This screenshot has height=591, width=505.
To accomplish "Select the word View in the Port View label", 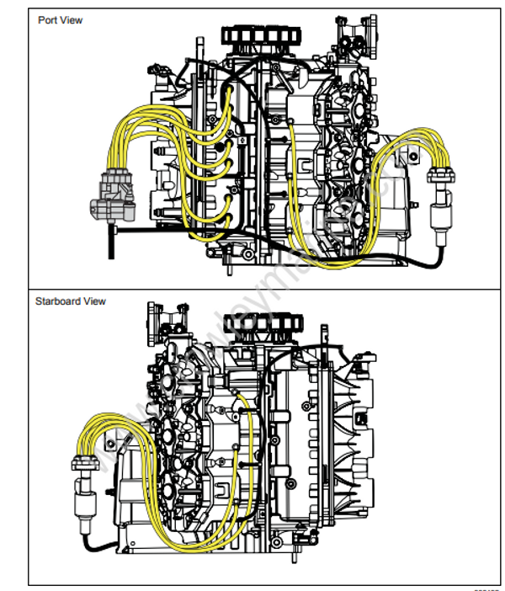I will [x=72, y=20].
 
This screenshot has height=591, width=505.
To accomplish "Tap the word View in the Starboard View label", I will [x=93, y=301].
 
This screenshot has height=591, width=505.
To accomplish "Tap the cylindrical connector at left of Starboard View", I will [x=83, y=488].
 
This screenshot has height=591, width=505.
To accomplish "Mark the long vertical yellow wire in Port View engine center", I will [x=290, y=185].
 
